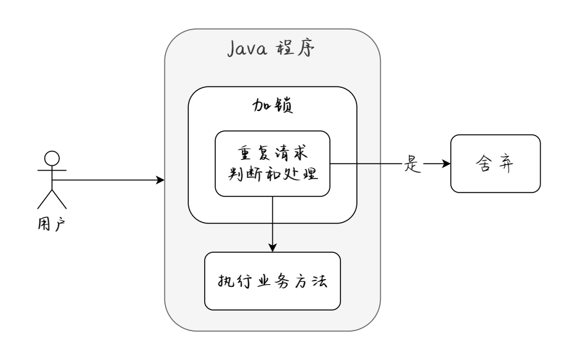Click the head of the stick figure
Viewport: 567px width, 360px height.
[51, 158]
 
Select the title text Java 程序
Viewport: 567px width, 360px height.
[272, 49]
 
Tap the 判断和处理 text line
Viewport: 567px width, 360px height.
[272, 174]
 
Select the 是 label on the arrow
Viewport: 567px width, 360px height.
[411, 164]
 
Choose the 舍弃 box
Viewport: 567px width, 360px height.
[495, 164]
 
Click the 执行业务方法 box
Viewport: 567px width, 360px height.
[272, 281]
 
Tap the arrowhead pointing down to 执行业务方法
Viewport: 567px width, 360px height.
[272, 248]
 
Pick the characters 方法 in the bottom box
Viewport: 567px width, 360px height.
[310, 281]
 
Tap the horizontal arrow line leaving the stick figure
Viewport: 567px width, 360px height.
[109, 181]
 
